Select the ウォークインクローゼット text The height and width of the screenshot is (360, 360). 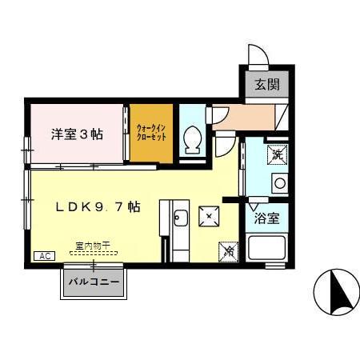pos(152,132)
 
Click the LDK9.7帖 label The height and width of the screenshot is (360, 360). pos(98,207)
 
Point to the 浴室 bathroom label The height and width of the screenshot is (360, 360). pos(266,217)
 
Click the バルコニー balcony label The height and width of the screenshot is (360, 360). pos(94,282)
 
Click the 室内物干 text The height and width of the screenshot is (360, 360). pos(92,244)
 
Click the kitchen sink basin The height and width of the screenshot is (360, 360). pos(181,217)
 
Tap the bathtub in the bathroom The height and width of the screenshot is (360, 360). pos(267,247)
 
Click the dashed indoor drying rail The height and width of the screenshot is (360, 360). pos(92,252)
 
